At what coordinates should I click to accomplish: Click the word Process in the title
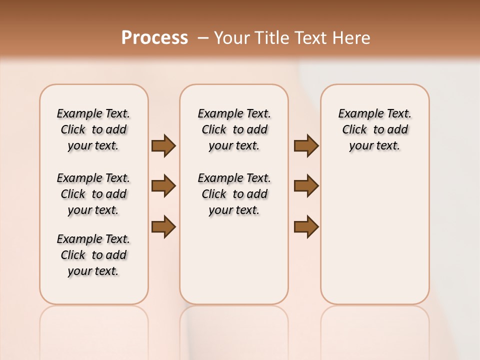pyautogui.click(x=154, y=38)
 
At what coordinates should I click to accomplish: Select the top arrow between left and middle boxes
pyautogui.click(x=163, y=146)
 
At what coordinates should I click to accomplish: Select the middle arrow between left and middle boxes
pyautogui.click(x=163, y=186)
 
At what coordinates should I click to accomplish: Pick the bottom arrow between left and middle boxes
pyautogui.click(x=163, y=227)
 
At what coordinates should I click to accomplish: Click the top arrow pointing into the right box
pyautogui.click(x=306, y=146)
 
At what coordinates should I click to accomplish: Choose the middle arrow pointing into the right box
pyautogui.click(x=306, y=186)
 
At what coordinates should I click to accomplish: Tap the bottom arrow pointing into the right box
pyautogui.click(x=306, y=227)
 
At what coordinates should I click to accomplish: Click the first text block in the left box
pyautogui.click(x=93, y=129)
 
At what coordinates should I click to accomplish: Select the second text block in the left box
pyautogui.click(x=93, y=194)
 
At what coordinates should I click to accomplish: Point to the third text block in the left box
pyautogui.click(x=93, y=255)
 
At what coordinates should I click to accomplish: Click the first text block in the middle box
pyautogui.click(x=234, y=129)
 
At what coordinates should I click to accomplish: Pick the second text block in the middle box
pyautogui.click(x=234, y=194)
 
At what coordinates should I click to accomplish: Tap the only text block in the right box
pyautogui.click(x=374, y=129)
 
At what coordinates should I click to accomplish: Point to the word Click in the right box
pyautogui.click(x=354, y=130)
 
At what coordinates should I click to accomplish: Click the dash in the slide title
pyautogui.click(x=203, y=38)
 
